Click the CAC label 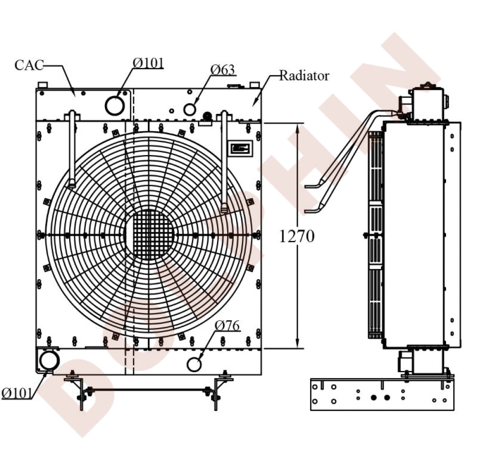(x=29, y=65)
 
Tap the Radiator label (x=304, y=75)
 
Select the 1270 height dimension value (x=297, y=236)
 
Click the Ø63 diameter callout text (x=223, y=70)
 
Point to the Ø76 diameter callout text (x=227, y=325)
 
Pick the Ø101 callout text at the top (x=148, y=63)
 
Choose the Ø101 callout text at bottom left (x=17, y=393)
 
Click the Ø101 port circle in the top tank (x=114, y=105)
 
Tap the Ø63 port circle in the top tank (x=190, y=109)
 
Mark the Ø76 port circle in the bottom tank (x=194, y=364)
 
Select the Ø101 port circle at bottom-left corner (x=49, y=360)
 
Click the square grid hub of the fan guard (x=150, y=234)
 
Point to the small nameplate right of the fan (x=239, y=148)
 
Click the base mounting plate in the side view (x=382, y=394)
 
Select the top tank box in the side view (x=428, y=104)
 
